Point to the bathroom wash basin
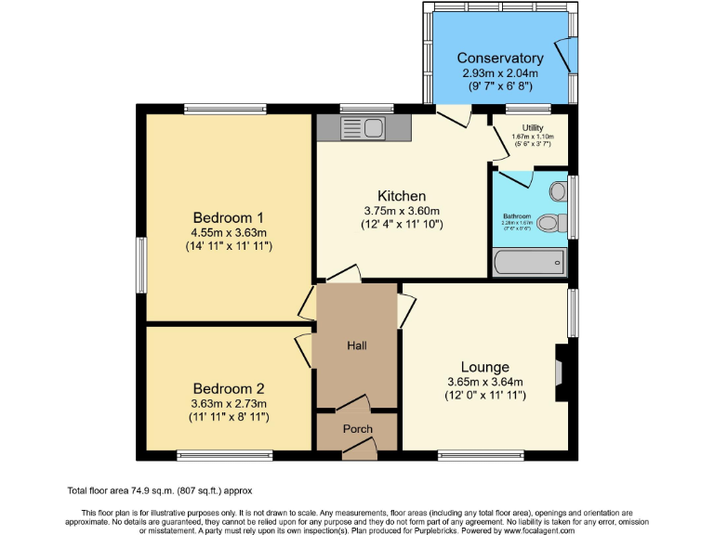pyautogui.click(x=557, y=190)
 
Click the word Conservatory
pyautogui.click(x=500, y=58)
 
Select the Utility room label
pyautogui.click(x=533, y=127)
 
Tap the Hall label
pyautogui.click(x=357, y=346)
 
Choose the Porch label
pyautogui.click(x=358, y=428)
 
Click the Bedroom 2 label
pyautogui.click(x=229, y=388)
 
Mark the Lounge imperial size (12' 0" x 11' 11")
pyautogui.click(x=486, y=396)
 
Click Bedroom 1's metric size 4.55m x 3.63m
pyautogui.click(x=229, y=232)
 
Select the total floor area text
pyautogui.click(x=159, y=489)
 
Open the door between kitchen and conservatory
pyautogui.click(x=454, y=116)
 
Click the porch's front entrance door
pyautogui.click(x=359, y=450)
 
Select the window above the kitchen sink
pyautogui.click(x=365, y=108)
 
